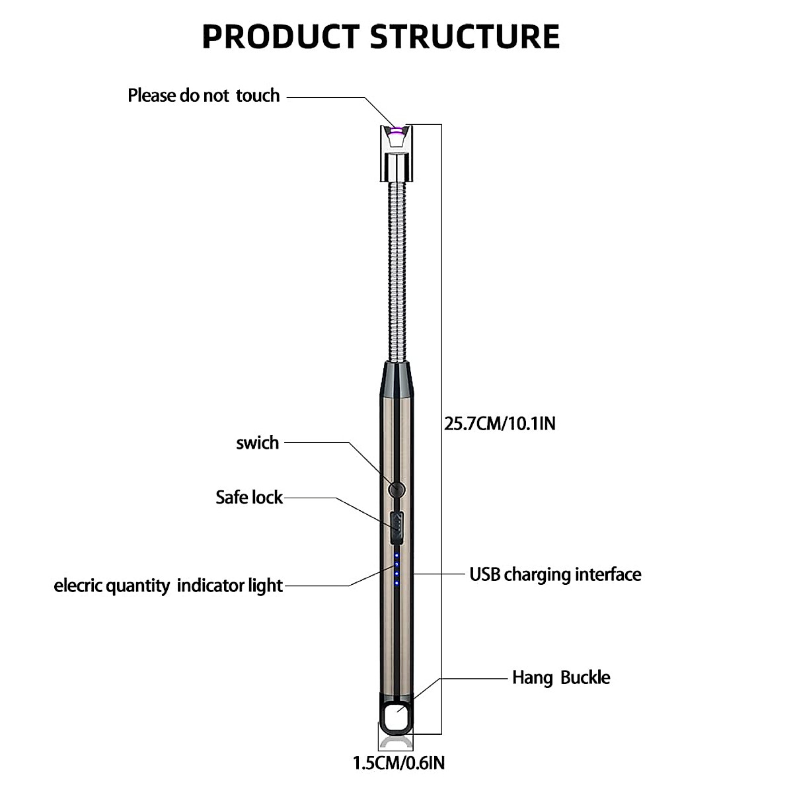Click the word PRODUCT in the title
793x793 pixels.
(x=282, y=36)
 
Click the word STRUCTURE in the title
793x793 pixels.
(x=465, y=36)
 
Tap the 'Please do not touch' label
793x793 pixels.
(x=204, y=96)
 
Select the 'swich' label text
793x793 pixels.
(x=258, y=443)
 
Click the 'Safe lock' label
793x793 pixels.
(x=249, y=497)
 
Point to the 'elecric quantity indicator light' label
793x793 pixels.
(x=169, y=585)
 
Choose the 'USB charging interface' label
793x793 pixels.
(x=555, y=574)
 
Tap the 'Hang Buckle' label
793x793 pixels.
(x=561, y=677)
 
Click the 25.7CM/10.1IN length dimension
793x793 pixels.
(x=500, y=424)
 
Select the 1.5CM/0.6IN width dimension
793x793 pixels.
(x=398, y=763)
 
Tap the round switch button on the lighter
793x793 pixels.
(x=396, y=490)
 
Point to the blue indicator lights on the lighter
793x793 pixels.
(x=397, y=566)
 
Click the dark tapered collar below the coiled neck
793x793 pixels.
(x=395, y=381)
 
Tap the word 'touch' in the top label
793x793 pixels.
(x=258, y=96)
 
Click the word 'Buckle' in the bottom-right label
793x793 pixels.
(x=585, y=677)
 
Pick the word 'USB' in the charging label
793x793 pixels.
(x=484, y=574)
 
